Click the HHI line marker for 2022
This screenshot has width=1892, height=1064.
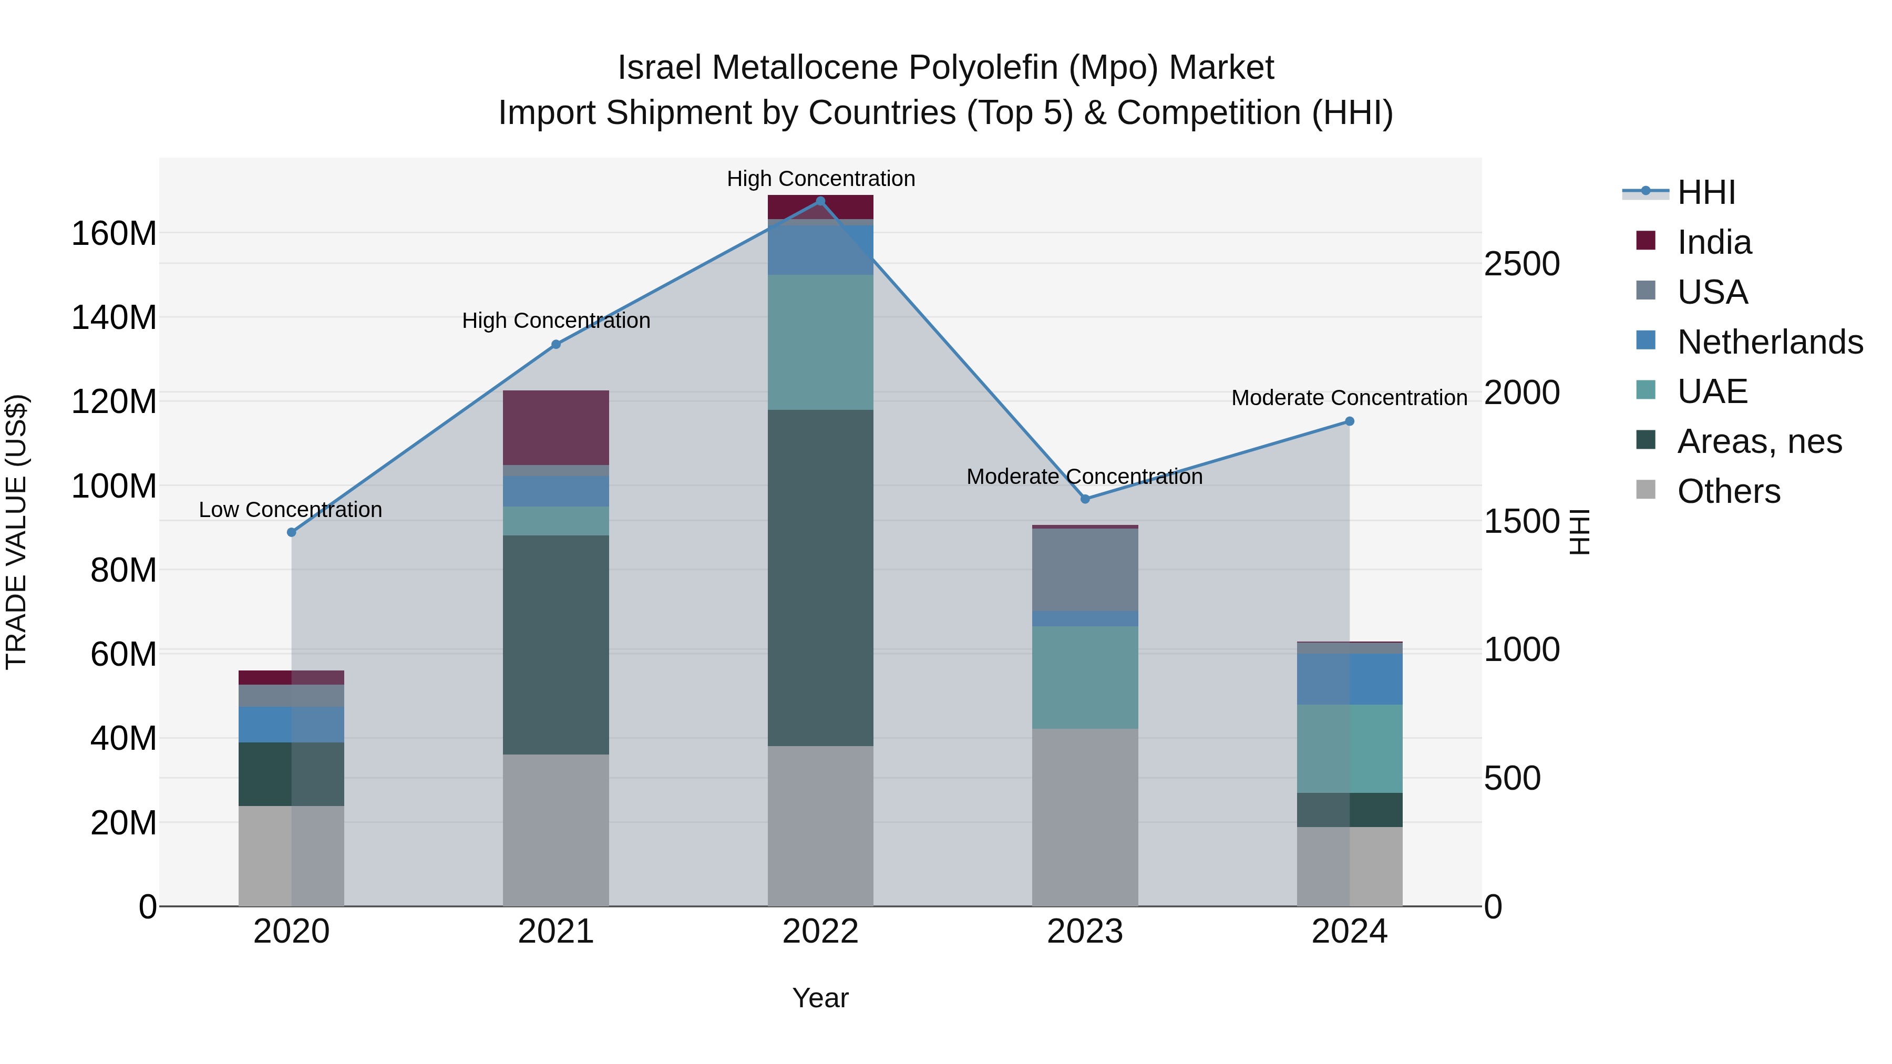[x=820, y=201]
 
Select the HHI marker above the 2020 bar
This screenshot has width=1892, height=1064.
[x=292, y=532]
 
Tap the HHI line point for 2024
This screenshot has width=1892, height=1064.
[x=1349, y=421]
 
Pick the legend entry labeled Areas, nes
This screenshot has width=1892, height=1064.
[x=1759, y=441]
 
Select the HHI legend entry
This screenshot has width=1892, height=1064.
[x=1705, y=192]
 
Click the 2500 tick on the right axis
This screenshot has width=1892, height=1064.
[x=1521, y=264]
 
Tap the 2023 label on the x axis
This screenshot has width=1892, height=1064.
[x=1085, y=932]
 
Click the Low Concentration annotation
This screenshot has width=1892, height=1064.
[x=290, y=510]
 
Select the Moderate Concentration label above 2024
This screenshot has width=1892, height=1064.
[x=1349, y=398]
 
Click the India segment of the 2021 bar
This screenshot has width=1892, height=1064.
[x=556, y=427]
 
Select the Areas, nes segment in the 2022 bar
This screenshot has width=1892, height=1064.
[x=820, y=578]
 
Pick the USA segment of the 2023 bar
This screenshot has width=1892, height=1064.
[x=1085, y=570]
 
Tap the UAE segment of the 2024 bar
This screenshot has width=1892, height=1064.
[x=1349, y=748]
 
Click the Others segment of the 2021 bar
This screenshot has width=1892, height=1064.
[x=556, y=830]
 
